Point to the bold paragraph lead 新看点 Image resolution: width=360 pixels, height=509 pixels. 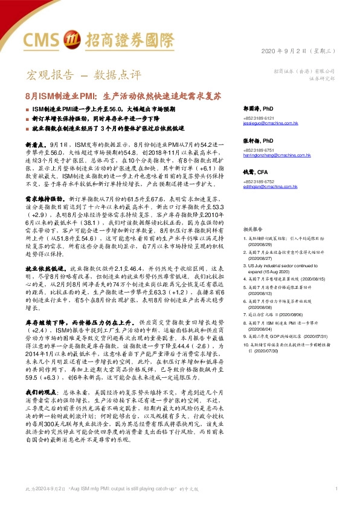(x=35, y=146)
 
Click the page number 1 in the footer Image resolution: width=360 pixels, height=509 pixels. (x=335, y=488)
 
